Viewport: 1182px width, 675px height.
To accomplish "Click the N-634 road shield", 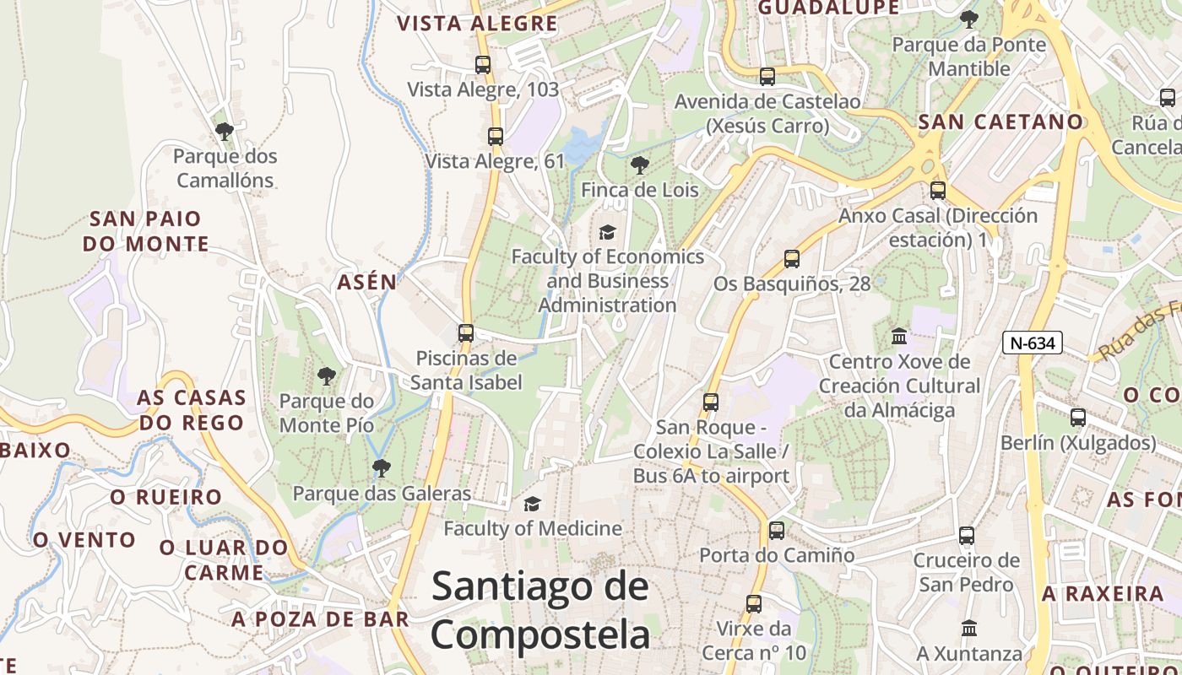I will pyautogui.click(x=1033, y=343).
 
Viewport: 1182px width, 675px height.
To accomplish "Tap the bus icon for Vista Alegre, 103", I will pyautogui.click(x=483, y=64).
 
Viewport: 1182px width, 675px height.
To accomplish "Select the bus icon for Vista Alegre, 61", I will pyautogui.click(x=496, y=136).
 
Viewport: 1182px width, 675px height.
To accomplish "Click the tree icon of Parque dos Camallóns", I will pyautogui.click(x=225, y=132).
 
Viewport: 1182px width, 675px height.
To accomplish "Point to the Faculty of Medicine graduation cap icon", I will pyautogui.click(x=532, y=505).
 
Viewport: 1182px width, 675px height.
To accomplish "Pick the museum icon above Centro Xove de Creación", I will pyautogui.click(x=899, y=337).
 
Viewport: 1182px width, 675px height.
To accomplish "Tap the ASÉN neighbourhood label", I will pyautogui.click(x=367, y=282).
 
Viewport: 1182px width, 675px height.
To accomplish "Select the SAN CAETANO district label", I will pyautogui.click(x=1000, y=121).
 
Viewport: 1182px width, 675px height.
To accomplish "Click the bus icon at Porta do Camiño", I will pyautogui.click(x=777, y=531).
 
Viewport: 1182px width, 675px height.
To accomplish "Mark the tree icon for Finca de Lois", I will pyautogui.click(x=640, y=165).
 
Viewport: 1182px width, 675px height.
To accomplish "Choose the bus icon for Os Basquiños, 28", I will pyautogui.click(x=792, y=259).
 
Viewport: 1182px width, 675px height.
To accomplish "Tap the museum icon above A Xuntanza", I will pyautogui.click(x=969, y=629).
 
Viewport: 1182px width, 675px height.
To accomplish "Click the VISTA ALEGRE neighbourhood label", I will pyautogui.click(x=478, y=24).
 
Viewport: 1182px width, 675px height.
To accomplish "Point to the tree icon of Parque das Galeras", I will pyautogui.click(x=382, y=467).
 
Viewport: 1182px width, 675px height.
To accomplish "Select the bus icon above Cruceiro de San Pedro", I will pyautogui.click(x=967, y=536).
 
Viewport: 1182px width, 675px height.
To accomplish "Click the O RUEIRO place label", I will pyautogui.click(x=166, y=497).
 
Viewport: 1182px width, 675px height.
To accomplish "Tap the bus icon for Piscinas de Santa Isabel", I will pyautogui.click(x=466, y=333).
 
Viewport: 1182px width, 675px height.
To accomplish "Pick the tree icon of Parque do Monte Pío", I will pyautogui.click(x=327, y=376).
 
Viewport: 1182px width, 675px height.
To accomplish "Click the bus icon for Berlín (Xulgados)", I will pyautogui.click(x=1078, y=418).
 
